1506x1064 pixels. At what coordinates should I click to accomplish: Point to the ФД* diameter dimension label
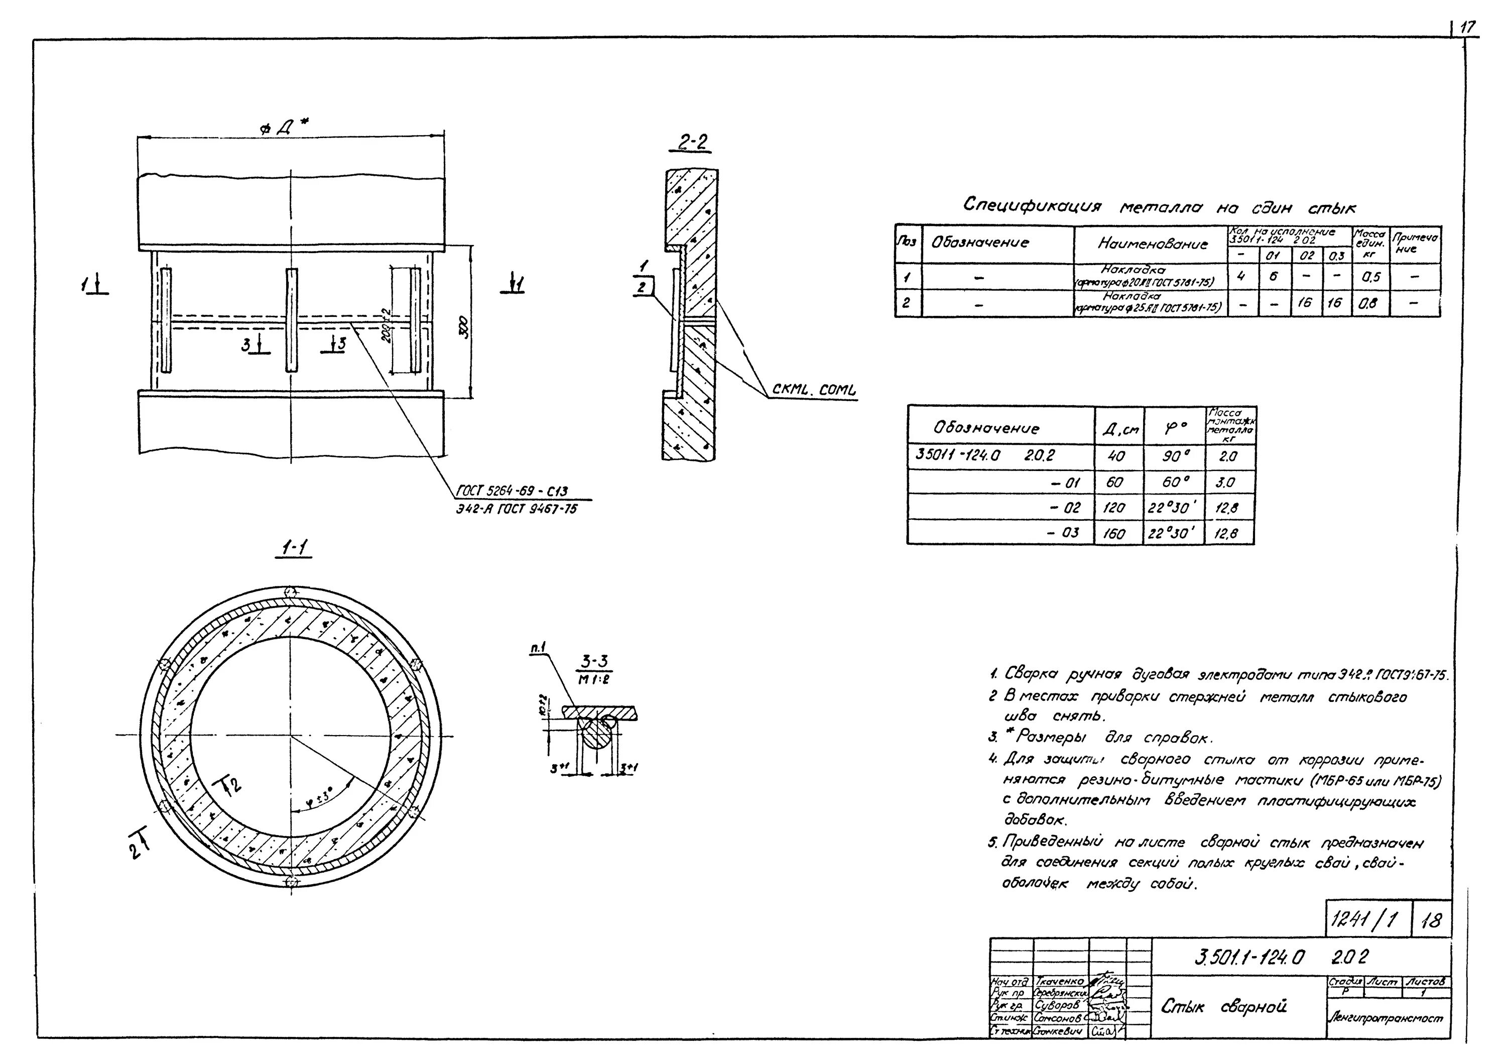coord(287,128)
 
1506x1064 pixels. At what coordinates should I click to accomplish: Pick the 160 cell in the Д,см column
coord(1113,533)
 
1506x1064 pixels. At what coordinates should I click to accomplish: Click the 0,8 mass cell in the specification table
coord(1371,304)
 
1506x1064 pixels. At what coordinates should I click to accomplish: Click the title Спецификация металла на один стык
coord(1158,207)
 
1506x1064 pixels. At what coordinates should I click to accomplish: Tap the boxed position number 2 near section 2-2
coord(642,287)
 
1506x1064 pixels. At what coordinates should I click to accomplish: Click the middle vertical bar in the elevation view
coord(291,319)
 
